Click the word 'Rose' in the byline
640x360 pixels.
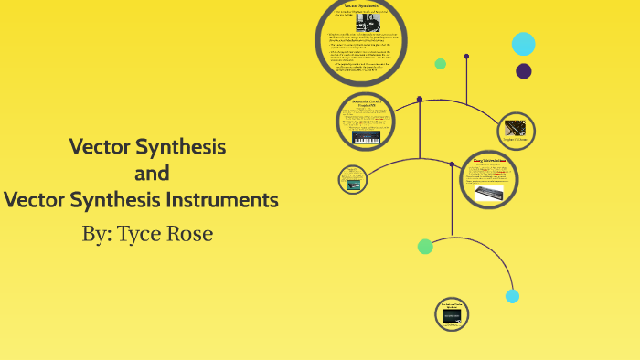click(x=190, y=234)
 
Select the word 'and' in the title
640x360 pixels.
click(x=152, y=173)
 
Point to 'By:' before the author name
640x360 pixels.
click(x=96, y=234)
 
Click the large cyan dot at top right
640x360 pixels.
click(x=523, y=43)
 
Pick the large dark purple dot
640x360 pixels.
click(x=524, y=71)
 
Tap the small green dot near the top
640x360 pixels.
click(x=440, y=64)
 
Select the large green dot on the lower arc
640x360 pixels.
click(x=425, y=246)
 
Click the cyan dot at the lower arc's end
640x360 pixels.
click(x=512, y=296)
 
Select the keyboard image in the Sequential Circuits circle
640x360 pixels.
click(x=366, y=138)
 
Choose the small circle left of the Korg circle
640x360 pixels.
click(x=352, y=179)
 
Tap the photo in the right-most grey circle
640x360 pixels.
click(x=516, y=129)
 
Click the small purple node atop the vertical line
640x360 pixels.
click(x=466, y=56)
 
